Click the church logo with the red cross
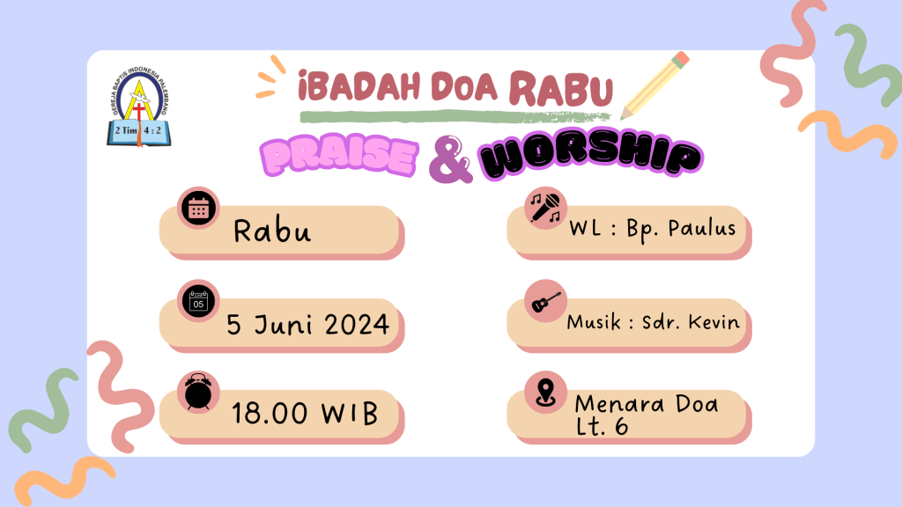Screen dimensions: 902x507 (138, 107)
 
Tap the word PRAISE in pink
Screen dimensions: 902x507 (339, 156)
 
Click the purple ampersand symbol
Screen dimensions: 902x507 (450, 159)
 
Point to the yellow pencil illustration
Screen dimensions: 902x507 (654, 85)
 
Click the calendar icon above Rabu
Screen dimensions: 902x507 (198, 208)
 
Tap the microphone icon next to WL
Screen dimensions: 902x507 (545, 208)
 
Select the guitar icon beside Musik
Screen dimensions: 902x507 (545, 301)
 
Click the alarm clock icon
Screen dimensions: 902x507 (198, 392)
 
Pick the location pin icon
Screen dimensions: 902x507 (545, 393)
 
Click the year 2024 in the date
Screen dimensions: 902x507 (357, 325)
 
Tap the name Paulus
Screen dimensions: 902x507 (702, 228)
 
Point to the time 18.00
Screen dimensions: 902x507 (270, 414)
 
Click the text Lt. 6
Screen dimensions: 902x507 (602, 426)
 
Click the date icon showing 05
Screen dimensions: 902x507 (198, 301)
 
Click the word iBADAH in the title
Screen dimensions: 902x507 (360, 86)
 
